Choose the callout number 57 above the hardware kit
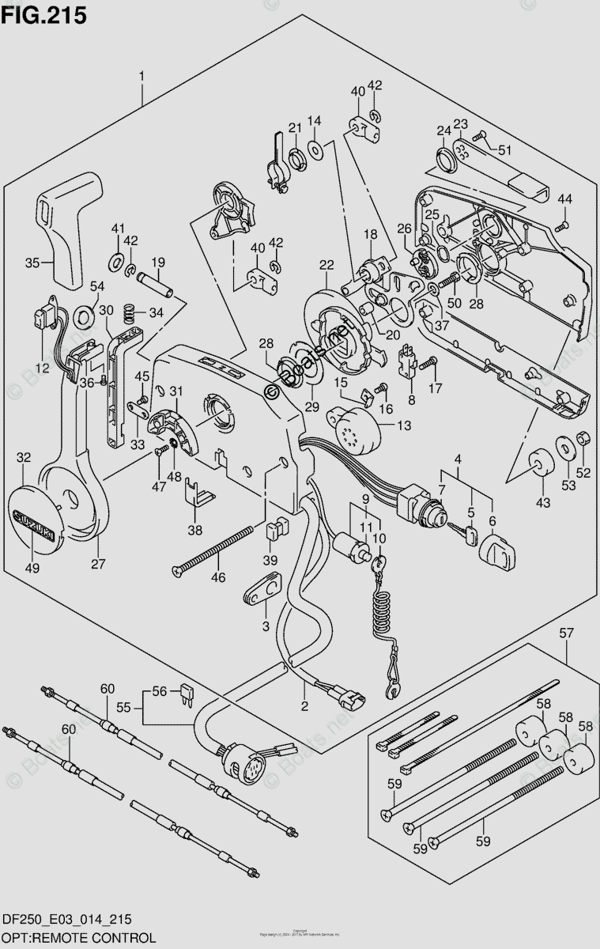567,632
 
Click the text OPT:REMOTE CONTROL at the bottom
77,936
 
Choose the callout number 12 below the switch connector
42,367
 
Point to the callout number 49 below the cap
32,566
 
